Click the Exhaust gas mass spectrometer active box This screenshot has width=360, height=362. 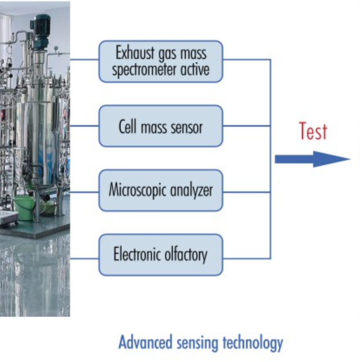click(x=161, y=61)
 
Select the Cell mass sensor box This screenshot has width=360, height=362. click(x=161, y=126)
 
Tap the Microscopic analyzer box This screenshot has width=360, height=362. click(x=161, y=191)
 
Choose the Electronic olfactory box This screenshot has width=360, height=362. click(x=161, y=255)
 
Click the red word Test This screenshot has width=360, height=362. click(x=313, y=131)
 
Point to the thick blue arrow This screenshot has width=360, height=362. click(x=312, y=159)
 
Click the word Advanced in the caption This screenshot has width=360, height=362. click(x=145, y=342)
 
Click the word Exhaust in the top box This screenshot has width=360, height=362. click(x=135, y=53)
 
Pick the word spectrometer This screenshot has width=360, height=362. click(x=144, y=70)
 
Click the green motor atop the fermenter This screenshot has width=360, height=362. click(x=41, y=31)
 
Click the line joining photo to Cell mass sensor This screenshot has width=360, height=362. click(x=84, y=126)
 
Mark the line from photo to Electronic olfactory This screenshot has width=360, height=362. click(x=84, y=258)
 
